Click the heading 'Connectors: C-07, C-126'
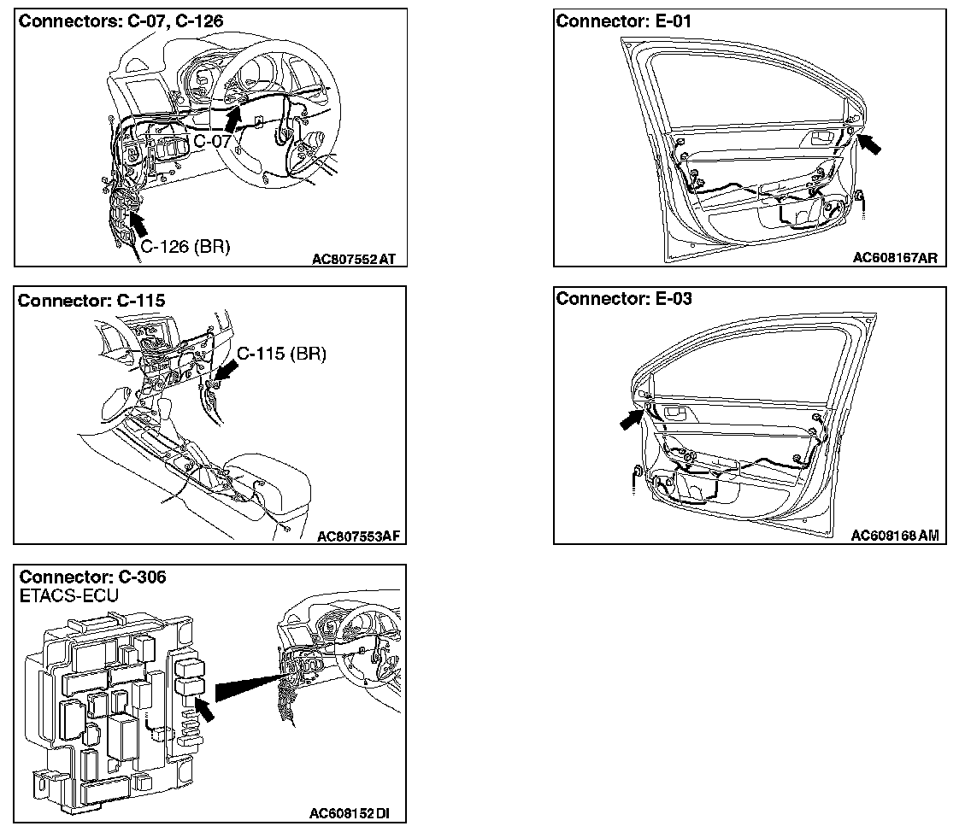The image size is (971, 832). [x=121, y=21]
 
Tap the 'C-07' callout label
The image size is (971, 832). [x=212, y=141]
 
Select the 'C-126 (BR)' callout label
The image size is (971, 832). [x=185, y=247]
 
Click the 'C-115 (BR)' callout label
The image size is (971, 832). [x=281, y=354]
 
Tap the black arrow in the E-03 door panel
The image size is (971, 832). [x=633, y=417]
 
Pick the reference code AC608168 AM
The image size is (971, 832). [x=895, y=536]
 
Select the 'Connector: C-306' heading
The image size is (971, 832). [x=92, y=577]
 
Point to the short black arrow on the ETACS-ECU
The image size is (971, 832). [x=203, y=706]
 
